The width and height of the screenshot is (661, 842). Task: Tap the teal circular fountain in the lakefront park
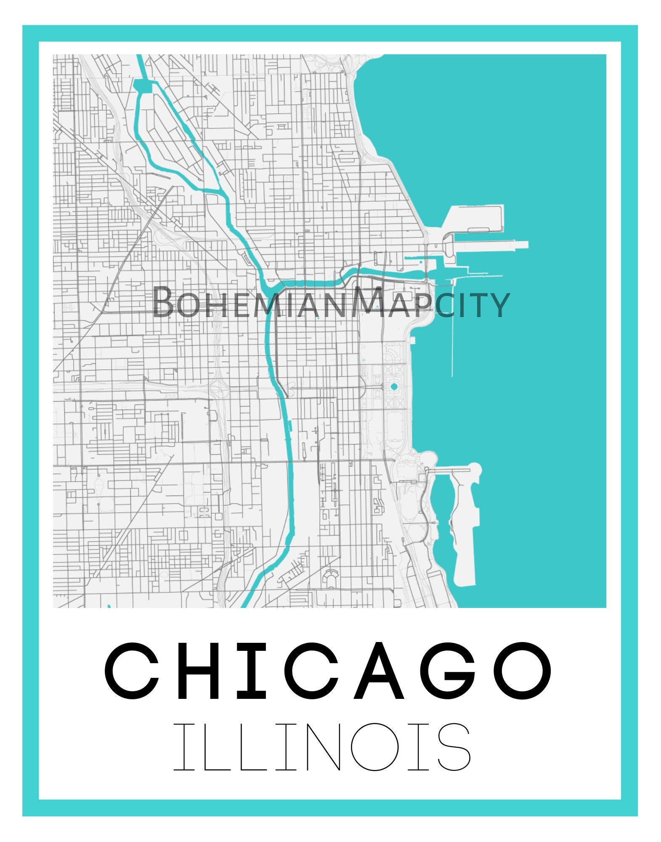point(394,386)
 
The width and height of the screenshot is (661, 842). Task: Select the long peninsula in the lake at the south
point(465,535)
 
